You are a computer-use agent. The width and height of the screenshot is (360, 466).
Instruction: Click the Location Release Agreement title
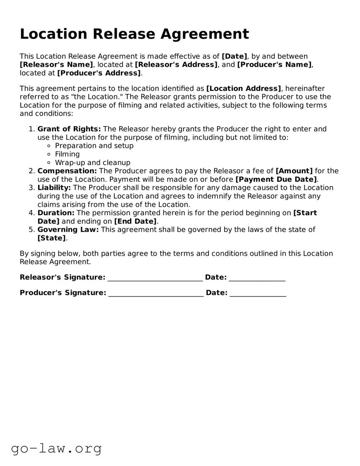click(x=134, y=34)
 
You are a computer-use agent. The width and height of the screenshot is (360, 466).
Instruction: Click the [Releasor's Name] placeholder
click(x=56, y=65)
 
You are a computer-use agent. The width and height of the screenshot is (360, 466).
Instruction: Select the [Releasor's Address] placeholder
click(x=176, y=65)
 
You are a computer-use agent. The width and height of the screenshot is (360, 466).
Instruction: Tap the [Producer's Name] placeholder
click(x=275, y=65)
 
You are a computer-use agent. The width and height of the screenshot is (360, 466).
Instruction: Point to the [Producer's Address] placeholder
click(x=99, y=73)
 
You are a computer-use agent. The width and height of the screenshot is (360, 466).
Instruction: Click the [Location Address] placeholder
click(x=244, y=88)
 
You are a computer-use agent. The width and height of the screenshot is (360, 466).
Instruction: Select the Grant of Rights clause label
click(x=69, y=129)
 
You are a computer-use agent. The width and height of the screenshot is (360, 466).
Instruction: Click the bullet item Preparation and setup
click(x=94, y=146)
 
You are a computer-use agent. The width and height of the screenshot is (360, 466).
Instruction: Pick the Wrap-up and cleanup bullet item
click(x=92, y=163)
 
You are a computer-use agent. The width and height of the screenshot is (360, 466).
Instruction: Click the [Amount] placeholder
click(x=294, y=171)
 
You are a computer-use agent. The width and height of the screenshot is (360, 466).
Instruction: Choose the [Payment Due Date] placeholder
click(x=276, y=179)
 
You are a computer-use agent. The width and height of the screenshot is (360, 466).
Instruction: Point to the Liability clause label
click(x=54, y=187)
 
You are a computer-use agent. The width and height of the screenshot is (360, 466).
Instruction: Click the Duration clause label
click(x=56, y=213)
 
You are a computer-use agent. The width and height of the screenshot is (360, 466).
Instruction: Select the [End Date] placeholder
click(x=135, y=221)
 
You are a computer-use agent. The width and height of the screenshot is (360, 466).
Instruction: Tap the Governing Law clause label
click(x=68, y=229)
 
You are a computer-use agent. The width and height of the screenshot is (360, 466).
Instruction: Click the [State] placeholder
click(x=51, y=238)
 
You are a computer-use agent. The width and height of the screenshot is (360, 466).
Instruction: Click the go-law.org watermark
click(x=56, y=448)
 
